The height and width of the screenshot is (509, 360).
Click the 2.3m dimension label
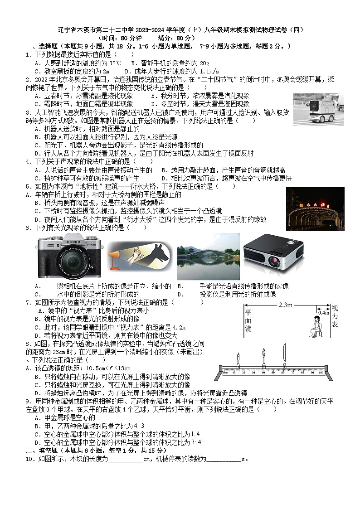(286, 305)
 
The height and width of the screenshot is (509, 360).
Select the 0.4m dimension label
(323, 313)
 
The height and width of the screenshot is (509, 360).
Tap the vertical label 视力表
(335, 316)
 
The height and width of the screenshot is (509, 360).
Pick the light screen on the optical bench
(284, 357)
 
